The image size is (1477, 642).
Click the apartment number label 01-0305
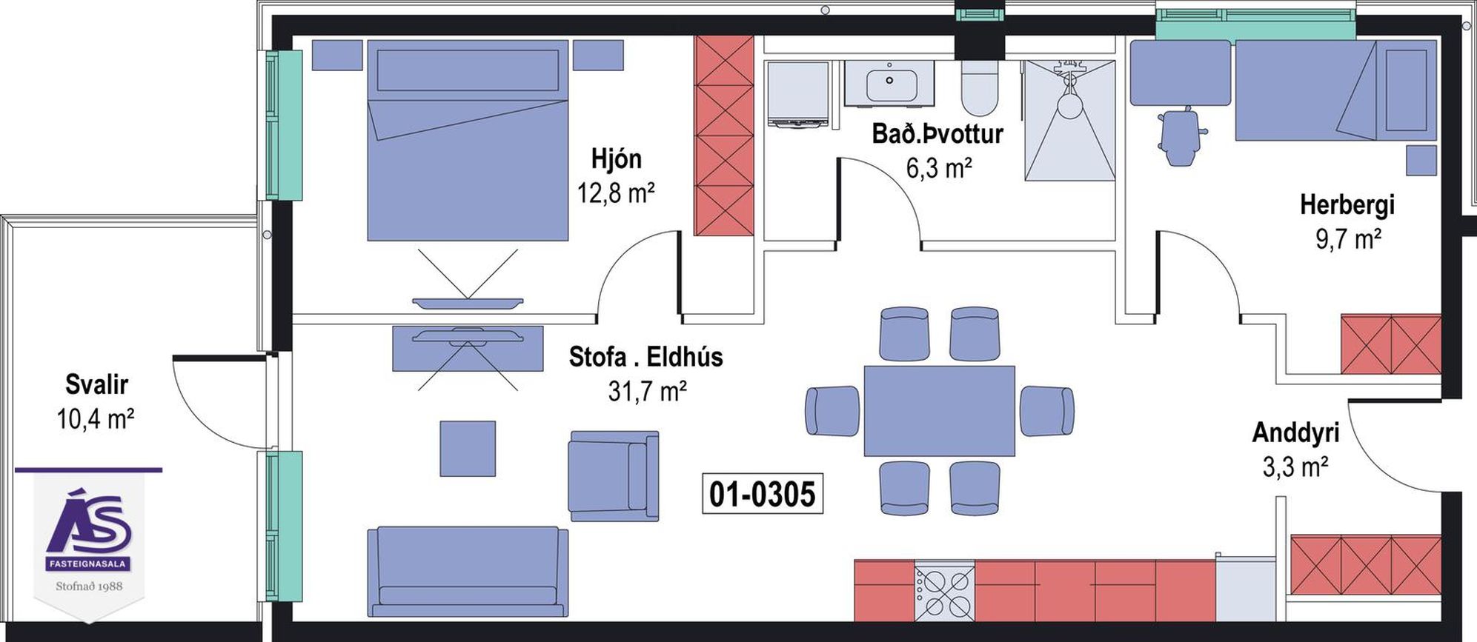(762, 494)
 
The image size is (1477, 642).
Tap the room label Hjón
(616, 158)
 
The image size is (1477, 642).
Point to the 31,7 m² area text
(647, 391)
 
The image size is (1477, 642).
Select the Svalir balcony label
(96, 384)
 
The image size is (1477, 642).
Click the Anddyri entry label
(1295, 432)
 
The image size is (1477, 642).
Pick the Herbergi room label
(1347, 205)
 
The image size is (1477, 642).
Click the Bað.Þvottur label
(937, 134)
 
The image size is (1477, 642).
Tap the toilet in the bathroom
(978, 88)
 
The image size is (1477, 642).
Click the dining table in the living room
(939, 411)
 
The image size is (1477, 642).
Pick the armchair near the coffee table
(614, 476)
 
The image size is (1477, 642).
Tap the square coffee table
(468, 449)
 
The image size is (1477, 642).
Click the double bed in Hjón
(468, 141)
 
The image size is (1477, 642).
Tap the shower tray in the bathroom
(1069, 120)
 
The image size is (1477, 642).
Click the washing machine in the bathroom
(798, 95)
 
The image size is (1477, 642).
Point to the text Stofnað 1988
(89, 586)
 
